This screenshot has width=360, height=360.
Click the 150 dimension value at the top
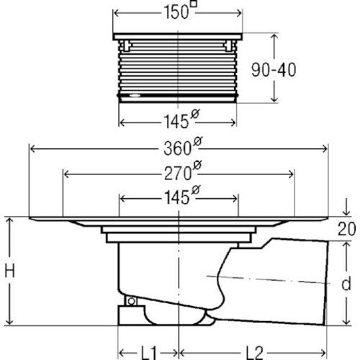176,12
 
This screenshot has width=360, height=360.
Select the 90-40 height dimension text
274,70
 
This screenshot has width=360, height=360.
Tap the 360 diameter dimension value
177,148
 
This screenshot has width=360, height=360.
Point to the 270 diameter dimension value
178,174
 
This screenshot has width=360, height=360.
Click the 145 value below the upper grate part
176,122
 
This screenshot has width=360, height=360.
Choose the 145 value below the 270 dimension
177,198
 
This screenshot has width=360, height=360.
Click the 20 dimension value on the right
347,229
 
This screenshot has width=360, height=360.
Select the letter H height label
10,270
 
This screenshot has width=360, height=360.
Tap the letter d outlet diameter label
346,284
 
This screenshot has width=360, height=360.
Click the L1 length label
148,353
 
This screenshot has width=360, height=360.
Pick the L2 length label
254,353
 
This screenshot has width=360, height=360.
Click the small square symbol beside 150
194,4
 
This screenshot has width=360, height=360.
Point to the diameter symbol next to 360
198,142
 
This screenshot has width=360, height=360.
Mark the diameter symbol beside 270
197,166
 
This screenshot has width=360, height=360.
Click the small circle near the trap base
131,301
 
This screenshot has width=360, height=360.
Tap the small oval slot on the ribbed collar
135,95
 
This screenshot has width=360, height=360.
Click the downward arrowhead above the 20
346,212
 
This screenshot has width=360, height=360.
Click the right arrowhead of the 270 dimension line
290,174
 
